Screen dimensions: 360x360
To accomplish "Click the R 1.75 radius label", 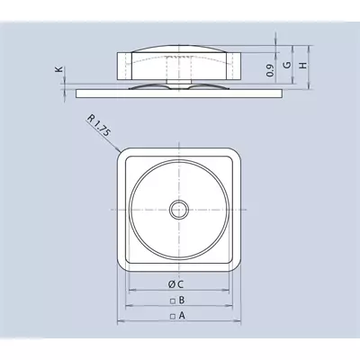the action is (x=99, y=126).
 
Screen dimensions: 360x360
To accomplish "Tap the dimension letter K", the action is (x=59, y=69).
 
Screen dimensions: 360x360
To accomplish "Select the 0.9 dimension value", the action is (x=270, y=70).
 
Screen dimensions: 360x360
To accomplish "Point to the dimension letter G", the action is (x=287, y=65).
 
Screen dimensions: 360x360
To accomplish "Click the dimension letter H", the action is (x=303, y=65).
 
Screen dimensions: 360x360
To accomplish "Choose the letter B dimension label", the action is (x=182, y=300).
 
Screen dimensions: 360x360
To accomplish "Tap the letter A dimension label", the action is (x=182, y=316).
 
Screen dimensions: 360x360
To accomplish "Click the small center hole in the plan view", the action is (x=179, y=210).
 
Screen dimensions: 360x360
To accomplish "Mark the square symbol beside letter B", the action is (x=173, y=301).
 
